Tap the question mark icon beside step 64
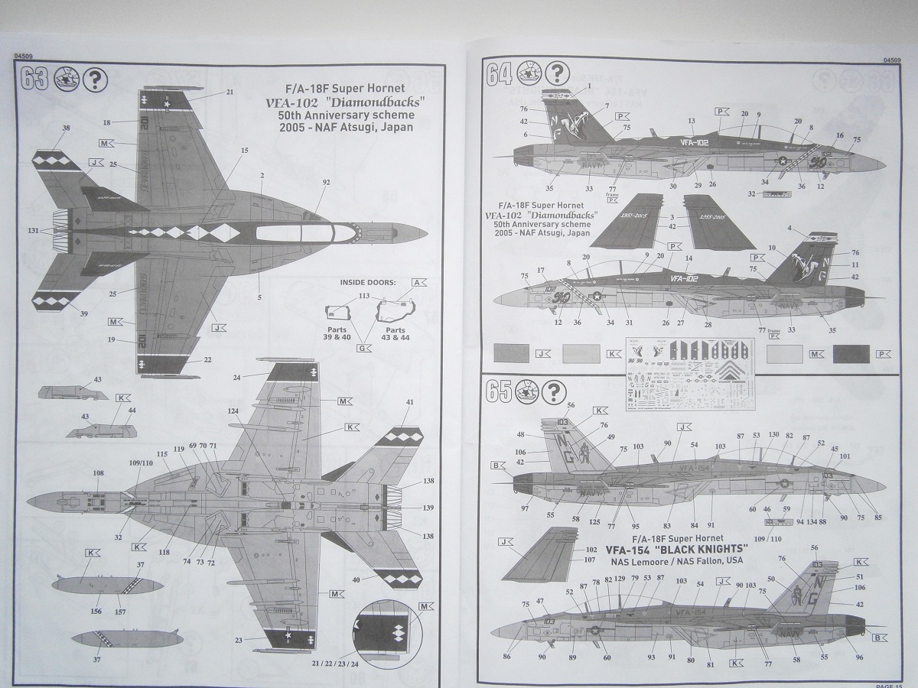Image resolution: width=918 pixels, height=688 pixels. pos(559,73)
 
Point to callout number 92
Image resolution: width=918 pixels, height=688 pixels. pos(327,183)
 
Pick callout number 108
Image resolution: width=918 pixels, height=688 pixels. pos(98,473)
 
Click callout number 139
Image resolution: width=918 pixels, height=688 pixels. pos(428,508)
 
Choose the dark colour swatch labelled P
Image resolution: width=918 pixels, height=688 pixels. pos(850,353)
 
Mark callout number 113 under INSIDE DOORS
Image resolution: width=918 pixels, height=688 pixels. pos(363,295)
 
